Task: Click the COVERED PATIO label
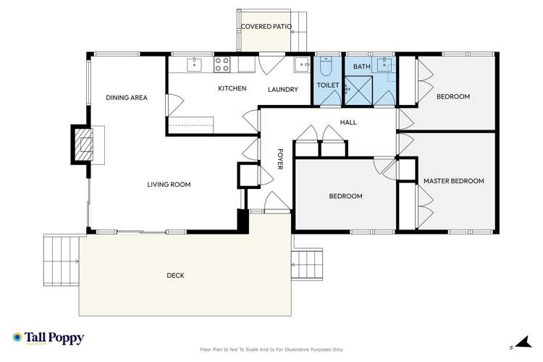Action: pos(266,27)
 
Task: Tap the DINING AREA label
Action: pos(127,97)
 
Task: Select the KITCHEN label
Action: pos(232,89)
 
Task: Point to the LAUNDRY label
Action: pos(282,90)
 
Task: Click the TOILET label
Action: pos(327,85)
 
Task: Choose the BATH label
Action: pos(361,67)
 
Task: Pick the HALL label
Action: pos(348,122)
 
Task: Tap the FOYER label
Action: pos(280,159)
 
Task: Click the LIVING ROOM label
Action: pos(169,185)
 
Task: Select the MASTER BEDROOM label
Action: pos(453,181)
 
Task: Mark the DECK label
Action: pos(176,275)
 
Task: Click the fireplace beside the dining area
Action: pos(85,143)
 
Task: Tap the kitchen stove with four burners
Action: pos(222,64)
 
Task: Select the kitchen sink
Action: pos(194,65)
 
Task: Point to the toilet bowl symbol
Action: pos(326,67)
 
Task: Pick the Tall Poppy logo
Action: pos(48,338)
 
